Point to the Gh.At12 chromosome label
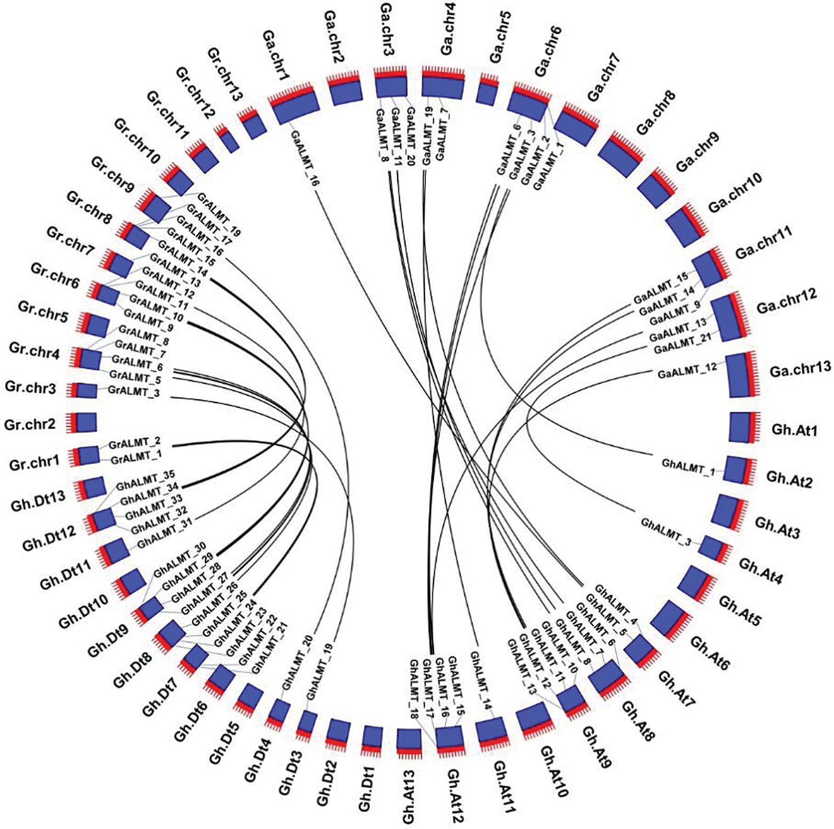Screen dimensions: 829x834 (455, 795)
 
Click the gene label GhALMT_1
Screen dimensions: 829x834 (688, 466)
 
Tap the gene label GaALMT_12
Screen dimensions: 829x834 (687, 372)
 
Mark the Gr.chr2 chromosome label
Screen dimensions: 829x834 (30, 424)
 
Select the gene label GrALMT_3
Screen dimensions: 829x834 (133, 391)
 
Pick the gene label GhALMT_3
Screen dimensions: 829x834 (666, 532)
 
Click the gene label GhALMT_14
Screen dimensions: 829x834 (480, 680)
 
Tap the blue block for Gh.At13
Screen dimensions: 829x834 (409, 740)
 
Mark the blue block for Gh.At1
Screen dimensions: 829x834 (741, 427)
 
